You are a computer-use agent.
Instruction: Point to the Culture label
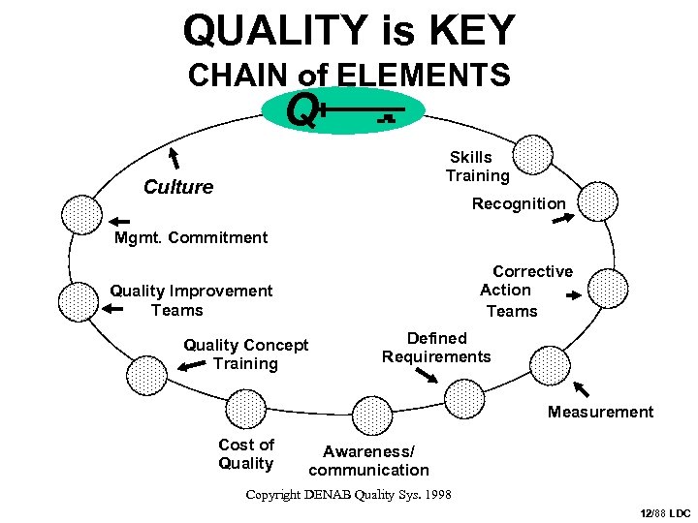[x=178, y=187]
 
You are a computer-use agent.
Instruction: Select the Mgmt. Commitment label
[x=190, y=237]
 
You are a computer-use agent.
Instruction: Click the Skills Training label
[x=476, y=167]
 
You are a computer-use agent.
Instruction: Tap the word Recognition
[x=518, y=203]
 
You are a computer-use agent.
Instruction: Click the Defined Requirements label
[x=436, y=348]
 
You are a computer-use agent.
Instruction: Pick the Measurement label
[x=600, y=412]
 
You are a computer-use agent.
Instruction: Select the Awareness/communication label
[x=368, y=460]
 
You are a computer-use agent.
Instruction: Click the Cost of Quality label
[x=246, y=453]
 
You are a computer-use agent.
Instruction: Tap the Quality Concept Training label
[x=245, y=354]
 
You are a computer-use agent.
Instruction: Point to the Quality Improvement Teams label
[x=190, y=300]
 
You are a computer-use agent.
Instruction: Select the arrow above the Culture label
[x=175, y=157]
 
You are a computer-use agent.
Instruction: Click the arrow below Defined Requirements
[x=427, y=375]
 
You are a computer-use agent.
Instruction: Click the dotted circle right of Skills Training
[x=532, y=156]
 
